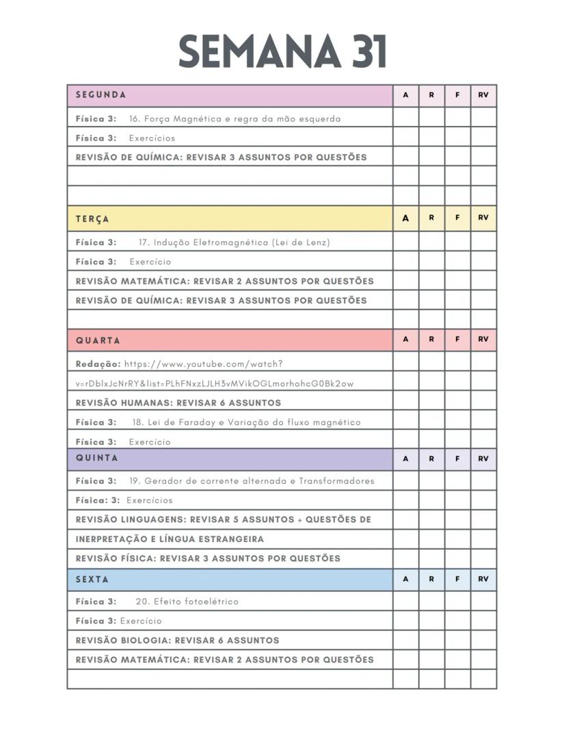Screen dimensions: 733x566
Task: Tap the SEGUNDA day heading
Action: point(100,95)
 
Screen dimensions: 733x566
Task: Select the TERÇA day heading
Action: point(92,219)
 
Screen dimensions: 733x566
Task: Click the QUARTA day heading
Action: point(98,340)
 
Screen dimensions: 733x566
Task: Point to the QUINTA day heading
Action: point(96,458)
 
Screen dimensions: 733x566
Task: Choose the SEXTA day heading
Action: point(92,579)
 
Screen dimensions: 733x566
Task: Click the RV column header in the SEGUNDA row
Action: point(483,96)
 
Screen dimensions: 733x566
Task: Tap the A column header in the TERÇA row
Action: point(405,218)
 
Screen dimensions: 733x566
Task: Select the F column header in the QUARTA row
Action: point(457,339)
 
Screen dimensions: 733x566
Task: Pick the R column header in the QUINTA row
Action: point(431,459)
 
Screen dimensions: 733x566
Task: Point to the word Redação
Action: point(98,364)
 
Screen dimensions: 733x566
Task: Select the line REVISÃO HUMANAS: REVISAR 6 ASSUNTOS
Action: point(178,403)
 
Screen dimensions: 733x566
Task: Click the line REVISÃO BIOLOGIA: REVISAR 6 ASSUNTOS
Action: point(177,641)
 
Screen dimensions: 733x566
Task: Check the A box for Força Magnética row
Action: point(405,118)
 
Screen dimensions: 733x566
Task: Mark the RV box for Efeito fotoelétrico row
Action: point(483,602)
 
